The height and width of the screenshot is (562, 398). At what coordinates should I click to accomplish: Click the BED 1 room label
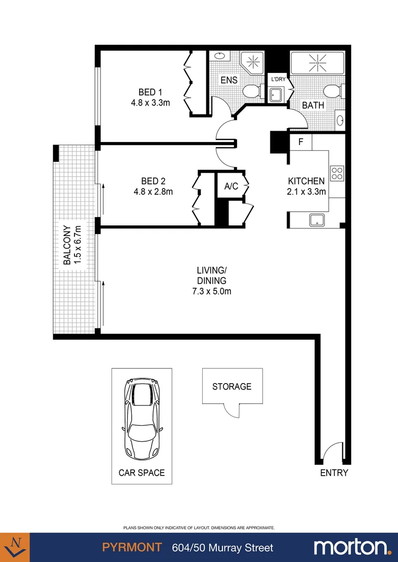tap(150, 92)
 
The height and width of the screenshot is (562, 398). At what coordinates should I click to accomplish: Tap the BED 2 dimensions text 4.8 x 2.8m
tap(150, 191)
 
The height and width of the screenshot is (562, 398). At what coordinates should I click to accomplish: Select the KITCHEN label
tap(306, 181)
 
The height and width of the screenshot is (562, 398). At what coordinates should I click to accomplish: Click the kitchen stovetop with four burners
tap(337, 173)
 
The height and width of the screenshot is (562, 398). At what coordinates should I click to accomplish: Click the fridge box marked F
tap(301, 142)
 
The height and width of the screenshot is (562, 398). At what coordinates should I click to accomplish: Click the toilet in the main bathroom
tap(332, 92)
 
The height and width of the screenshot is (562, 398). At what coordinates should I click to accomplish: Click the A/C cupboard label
tap(231, 186)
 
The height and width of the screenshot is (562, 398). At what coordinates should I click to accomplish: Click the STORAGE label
tap(232, 387)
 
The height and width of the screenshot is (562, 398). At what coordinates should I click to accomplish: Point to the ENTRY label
tap(334, 473)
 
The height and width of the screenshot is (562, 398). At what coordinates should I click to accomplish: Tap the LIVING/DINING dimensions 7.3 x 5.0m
tap(211, 291)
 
